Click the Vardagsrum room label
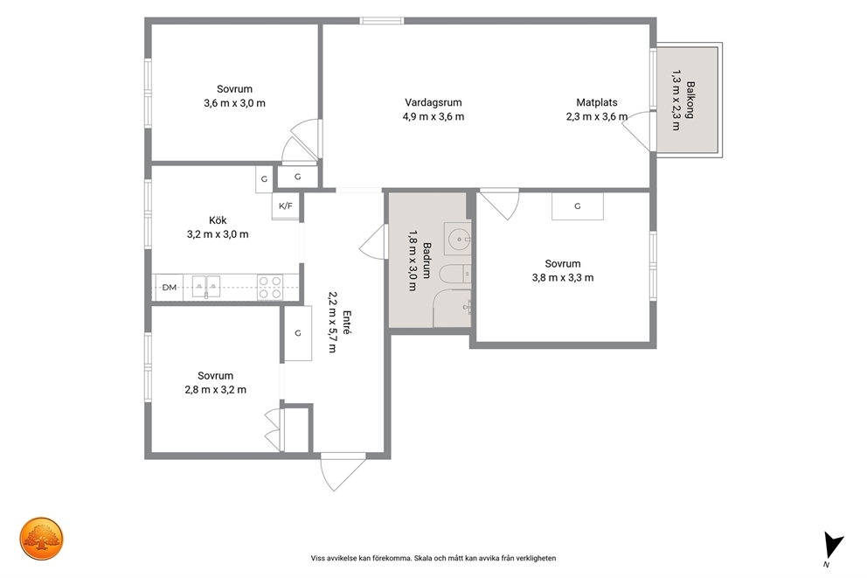[433, 102]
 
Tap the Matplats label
[597, 102]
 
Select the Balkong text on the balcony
[690, 100]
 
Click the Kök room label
[218, 220]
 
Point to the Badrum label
[427, 260]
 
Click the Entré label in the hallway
[347, 322]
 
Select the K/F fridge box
[285, 206]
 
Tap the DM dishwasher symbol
[169, 287]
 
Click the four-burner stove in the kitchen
[270, 288]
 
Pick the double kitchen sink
[205, 287]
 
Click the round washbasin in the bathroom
[458, 239]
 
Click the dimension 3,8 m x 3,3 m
[563, 278]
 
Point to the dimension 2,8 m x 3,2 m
[216, 389]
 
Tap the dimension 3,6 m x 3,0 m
[234, 103]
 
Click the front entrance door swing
[342, 472]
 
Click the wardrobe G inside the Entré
[298, 333]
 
